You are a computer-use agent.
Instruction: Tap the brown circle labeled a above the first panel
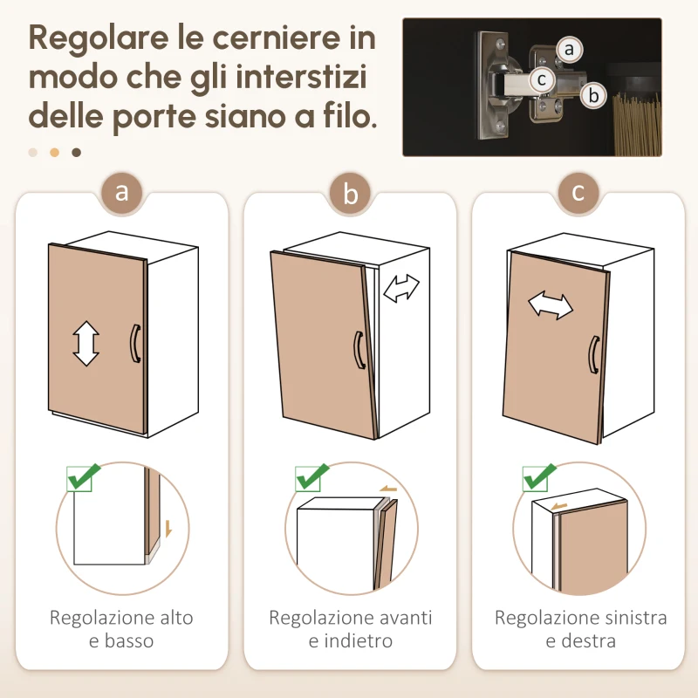(122, 193)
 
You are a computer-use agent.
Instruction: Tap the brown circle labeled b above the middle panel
(351, 194)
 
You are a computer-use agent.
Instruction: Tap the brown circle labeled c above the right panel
(578, 193)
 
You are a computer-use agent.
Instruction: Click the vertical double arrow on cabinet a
(86, 343)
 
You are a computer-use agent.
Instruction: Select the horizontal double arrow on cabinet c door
(551, 305)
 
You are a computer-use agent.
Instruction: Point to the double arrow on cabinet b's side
(402, 288)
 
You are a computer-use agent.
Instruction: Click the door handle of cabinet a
(134, 343)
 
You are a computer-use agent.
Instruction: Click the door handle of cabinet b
(358, 351)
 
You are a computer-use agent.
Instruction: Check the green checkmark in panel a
(84, 476)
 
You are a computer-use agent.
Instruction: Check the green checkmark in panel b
(311, 477)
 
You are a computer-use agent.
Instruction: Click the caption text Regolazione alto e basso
(121, 629)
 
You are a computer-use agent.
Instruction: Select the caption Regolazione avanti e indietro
(350, 629)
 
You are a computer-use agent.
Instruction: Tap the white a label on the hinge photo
(569, 50)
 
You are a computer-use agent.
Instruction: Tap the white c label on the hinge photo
(543, 79)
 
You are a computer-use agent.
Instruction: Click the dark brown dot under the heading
(76, 153)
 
